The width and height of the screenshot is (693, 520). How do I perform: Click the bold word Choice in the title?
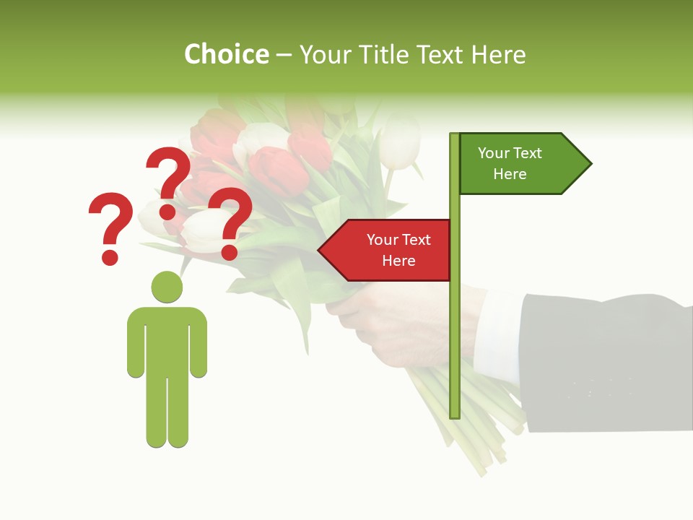coord(226,55)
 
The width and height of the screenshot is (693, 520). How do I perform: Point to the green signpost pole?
coord(455,325)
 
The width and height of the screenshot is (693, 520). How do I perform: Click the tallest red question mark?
coord(169,173)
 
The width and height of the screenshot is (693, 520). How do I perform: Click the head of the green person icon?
coord(167,287)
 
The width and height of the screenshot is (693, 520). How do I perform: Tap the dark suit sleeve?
coord(606,361)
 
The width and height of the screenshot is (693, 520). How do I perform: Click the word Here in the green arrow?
coord(510,174)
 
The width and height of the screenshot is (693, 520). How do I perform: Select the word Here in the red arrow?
coord(398,261)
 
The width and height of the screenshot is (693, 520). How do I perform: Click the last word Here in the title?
coord(499,55)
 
